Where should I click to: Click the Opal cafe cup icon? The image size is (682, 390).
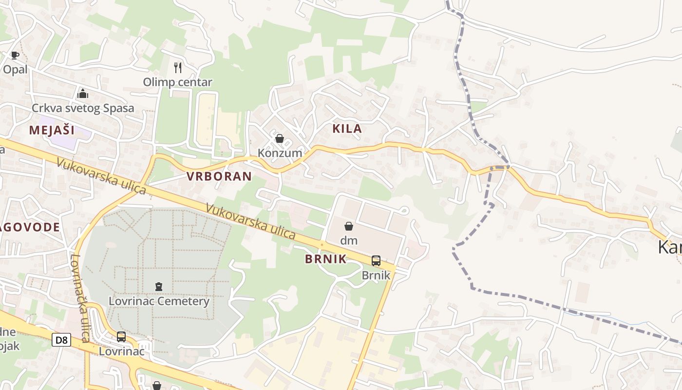[15, 55]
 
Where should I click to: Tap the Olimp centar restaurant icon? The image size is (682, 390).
[178, 67]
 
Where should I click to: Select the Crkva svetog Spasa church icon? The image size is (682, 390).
[82, 93]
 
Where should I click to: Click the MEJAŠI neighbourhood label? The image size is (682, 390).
[52, 130]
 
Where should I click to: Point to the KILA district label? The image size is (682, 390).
[347, 129]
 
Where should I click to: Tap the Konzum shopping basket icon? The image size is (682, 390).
[280, 138]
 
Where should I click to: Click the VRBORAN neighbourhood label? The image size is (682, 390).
[219, 176]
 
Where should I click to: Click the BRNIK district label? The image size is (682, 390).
[326, 259]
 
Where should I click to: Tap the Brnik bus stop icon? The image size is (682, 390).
[376, 260]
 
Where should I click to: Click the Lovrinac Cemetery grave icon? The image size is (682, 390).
[159, 287]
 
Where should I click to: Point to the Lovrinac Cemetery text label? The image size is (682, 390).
[159, 301]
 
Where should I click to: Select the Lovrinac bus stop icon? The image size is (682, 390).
[121, 336]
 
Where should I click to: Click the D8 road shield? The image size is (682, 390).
[61, 340]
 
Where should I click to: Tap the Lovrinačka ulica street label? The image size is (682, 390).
[81, 297]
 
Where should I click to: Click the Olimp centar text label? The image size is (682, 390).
[177, 82]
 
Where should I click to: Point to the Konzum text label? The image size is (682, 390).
[280, 153]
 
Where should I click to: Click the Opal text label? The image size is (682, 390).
[15, 69]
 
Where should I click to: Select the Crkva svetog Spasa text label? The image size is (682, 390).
[83, 108]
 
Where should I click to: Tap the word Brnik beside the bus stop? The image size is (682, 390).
[376, 275]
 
